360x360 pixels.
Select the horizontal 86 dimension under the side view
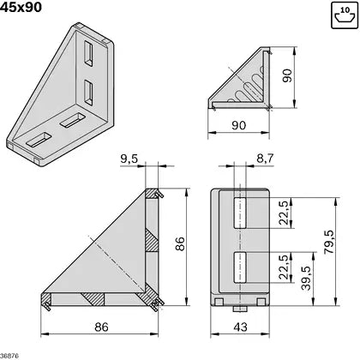tap(102, 327)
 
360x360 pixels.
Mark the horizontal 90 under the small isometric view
tap(237, 126)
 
